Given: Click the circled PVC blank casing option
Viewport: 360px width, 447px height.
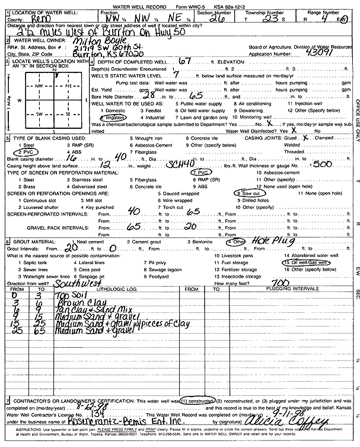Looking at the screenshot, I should pos(27,152).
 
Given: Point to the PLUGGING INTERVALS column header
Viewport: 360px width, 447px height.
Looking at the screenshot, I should pos(276,289).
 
